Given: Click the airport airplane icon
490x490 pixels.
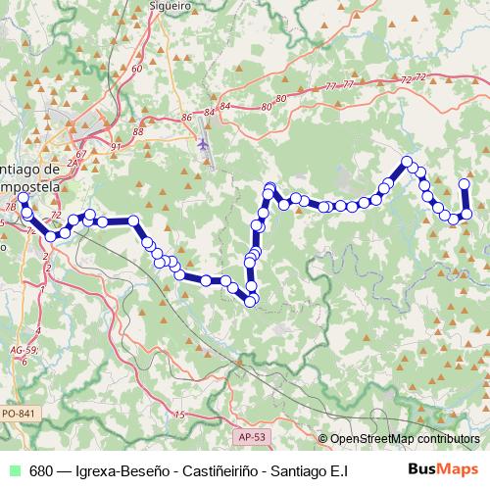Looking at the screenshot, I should tap(204, 144).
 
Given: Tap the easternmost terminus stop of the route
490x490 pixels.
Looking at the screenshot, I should tap(465, 183).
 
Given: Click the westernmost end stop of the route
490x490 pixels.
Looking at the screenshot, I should tap(24, 198).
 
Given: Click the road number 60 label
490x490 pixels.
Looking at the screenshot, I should tap(136, 69).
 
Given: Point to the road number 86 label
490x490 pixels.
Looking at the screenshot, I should tap(187, 118).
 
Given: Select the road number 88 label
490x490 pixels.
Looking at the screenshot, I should tap(137, 131).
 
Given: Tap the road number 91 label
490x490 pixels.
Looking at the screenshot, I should tap(116, 147).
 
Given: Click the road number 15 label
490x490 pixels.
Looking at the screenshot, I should tap(178, 416).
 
